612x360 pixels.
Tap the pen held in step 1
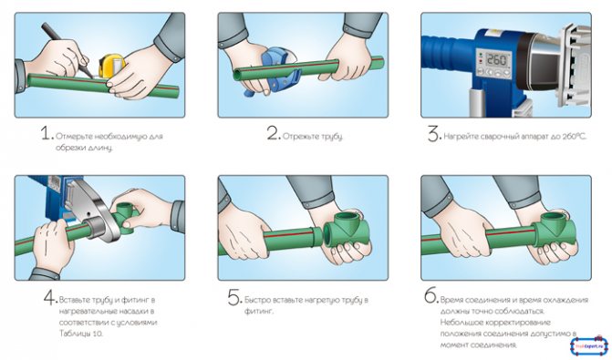67,48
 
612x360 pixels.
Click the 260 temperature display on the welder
497,60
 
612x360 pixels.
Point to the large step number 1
47,133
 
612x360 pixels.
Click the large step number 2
274,133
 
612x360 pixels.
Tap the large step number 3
434,134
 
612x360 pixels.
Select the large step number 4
50,298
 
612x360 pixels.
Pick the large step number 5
235,298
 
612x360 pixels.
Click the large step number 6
431,296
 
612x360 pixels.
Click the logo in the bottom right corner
589,345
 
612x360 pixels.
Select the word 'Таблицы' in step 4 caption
74,334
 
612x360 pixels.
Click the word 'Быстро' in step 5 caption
257,300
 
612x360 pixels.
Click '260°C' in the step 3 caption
575,137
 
